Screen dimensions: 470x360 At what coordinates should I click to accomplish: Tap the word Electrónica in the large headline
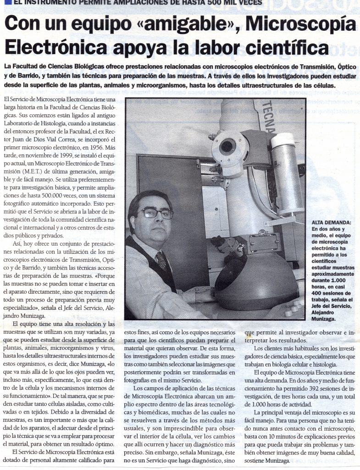(x=55, y=47)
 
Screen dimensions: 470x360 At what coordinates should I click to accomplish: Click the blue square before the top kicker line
(x=3, y=2)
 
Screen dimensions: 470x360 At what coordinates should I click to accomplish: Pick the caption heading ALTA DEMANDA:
(x=331, y=222)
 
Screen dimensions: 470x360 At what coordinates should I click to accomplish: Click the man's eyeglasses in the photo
(x=156, y=213)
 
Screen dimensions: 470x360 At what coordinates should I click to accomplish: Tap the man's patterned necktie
(x=161, y=260)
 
